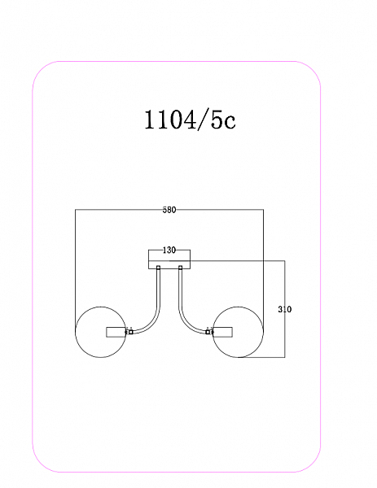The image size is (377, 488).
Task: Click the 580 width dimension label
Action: pyautogui.click(x=169, y=210)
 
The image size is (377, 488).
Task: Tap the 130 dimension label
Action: pyautogui.click(x=169, y=251)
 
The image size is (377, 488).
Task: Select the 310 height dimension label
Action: pyautogui.click(x=285, y=309)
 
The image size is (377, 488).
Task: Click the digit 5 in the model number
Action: pyautogui.click(x=217, y=120)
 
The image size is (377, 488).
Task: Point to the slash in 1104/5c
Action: pyautogui.click(x=204, y=120)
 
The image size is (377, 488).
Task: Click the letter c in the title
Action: pyautogui.click(x=230, y=122)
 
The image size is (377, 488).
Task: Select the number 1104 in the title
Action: pyautogui.click(x=170, y=120)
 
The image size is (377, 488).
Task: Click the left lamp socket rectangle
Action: pyautogui.click(x=116, y=332)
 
